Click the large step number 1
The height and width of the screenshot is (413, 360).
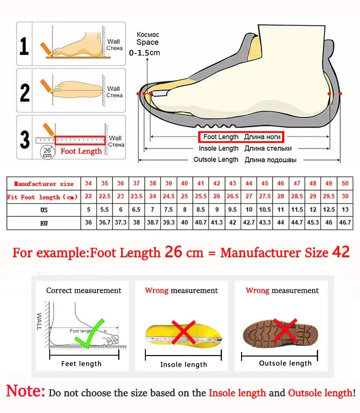pyautogui.click(x=25, y=45)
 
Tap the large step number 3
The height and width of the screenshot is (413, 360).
pyautogui.click(x=25, y=139)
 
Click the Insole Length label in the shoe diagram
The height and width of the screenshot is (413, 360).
pyautogui.click(x=218, y=148)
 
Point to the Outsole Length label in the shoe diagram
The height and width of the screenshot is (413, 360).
pyautogui.click(x=216, y=159)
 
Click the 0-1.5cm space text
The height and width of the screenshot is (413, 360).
pyautogui.click(x=145, y=53)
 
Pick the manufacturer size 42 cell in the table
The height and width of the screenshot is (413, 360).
pyautogui.click(x=217, y=184)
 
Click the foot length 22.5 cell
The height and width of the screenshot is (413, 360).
pyautogui.click(x=105, y=196)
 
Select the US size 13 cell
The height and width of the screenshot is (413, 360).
pyautogui.click(x=345, y=210)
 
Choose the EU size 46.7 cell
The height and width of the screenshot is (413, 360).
pyautogui.click(x=345, y=223)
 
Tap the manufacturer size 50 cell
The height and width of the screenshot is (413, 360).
pyautogui.click(x=345, y=184)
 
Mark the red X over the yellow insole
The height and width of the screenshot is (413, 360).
pyautogui.click(x=183, y=332)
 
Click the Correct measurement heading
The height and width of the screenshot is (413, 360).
pyautogui.click(x=84, y=291)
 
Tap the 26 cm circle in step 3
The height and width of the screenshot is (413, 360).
pyautogui.click(x=47, y=152)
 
